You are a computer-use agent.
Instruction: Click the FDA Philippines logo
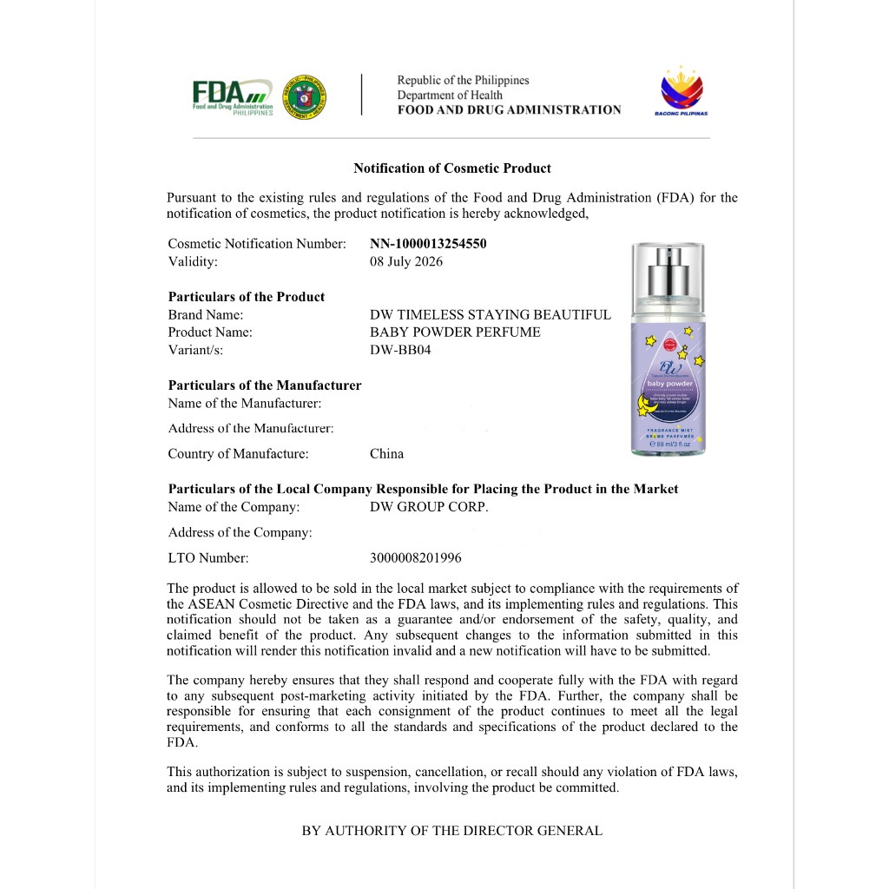(x=232, y=96)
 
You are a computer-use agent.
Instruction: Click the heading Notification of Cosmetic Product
(x=451, y=168)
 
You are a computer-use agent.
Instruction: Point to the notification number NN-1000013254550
(x=428, y=244)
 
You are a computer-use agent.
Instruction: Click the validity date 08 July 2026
(x=406, y=261)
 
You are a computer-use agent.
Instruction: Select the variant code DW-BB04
(x=400, y=350)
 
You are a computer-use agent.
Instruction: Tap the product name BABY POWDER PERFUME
(x=455, y=333)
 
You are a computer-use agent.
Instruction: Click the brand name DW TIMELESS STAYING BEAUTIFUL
(x=491, y=315)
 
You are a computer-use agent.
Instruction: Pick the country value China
(x=386, y=454)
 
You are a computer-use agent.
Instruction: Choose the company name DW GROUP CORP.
(x=429, y=507)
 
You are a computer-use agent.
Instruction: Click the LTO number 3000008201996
(x=416, y=558)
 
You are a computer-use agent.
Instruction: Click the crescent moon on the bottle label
(x=647, y=405)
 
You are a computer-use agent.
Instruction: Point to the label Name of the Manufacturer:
(x=245, y=403)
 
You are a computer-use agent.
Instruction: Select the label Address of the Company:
(x=240, y=532)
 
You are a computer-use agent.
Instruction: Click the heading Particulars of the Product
(x=247, y=297)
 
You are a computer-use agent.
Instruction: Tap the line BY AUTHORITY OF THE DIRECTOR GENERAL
(x=451, y=831)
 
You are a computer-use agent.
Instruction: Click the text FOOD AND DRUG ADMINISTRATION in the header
(x=509, y=110)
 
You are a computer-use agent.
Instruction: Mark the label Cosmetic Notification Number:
(x=257, y=244)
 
